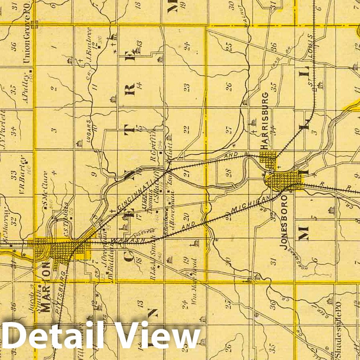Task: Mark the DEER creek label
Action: pyautogui.click(x=321, y=314)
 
